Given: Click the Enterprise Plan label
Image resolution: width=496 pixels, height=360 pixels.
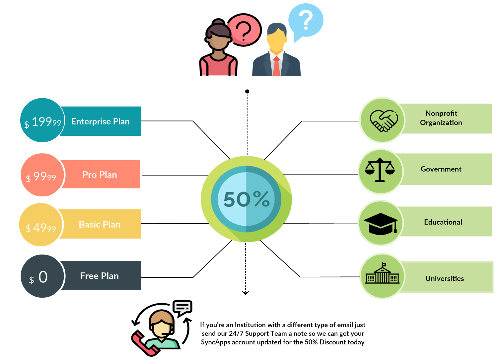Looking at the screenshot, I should (100, 121).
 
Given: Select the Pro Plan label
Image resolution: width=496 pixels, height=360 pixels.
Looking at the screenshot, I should (100, 175).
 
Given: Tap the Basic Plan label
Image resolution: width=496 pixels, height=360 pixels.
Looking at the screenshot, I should (100, 224).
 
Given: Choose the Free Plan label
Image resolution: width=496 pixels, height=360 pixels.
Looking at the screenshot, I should (99, 276).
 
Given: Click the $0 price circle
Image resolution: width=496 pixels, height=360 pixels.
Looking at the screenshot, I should (42, 276).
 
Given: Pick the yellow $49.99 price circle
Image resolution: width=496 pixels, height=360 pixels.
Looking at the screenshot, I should (40, 225).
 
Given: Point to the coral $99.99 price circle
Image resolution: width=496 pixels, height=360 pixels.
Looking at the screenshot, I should (42, 175).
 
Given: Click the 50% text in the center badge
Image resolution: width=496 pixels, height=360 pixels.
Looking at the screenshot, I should (247, 199).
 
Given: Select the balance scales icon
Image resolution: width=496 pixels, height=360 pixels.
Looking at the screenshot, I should (380, 171).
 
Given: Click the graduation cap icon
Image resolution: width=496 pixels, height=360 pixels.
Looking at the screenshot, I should (381, 223).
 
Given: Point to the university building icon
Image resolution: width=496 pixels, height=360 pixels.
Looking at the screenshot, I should (382, 275).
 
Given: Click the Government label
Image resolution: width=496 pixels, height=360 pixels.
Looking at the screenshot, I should (441, 169).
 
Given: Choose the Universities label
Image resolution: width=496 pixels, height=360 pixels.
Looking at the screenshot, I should (445, 278).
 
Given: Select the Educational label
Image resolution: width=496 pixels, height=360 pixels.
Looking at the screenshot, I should (443, 222).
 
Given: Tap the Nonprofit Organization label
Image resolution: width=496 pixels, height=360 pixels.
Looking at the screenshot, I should (441, 118).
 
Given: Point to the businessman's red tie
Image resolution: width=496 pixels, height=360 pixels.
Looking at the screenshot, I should (276, 66).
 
